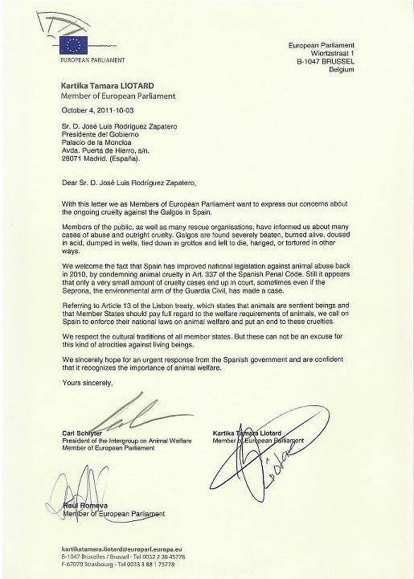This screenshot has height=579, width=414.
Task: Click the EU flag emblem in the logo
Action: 75,45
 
